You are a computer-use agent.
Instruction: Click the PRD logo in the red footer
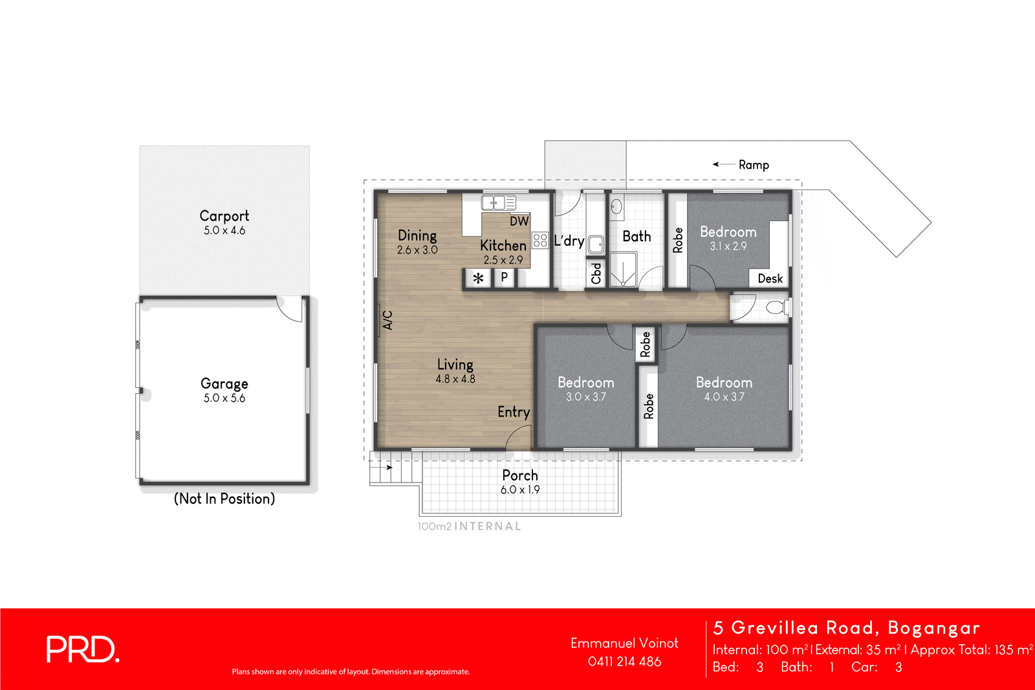click(x=82, y=649)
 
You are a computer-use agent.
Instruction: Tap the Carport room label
click(x=224, y=216)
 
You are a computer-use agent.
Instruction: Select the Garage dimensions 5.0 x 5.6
click(x=224, y=398)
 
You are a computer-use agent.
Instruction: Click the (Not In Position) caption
click(x=224, y=499)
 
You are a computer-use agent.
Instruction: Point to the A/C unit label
click(x=387, y=320)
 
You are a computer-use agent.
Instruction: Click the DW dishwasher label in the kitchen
click(x=519, y=221)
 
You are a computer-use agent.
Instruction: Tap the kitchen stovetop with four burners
click(x=540, y=241)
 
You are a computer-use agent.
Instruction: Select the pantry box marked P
click(x=504, y=277)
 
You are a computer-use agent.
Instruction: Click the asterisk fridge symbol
click(x=478, y=279)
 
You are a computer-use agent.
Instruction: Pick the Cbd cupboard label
click(x=596, y=273)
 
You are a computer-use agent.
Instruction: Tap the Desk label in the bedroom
click(x=770, y=279)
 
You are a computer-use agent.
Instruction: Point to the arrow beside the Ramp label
click(x=723, y=164)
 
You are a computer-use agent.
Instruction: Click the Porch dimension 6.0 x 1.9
click(x=519, y=490)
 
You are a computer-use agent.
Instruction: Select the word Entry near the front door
click(x=514, y=412)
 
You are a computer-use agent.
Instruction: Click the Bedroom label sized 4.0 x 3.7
click(x=724, y=382)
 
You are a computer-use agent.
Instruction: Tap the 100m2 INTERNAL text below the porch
click(x=469, y=526)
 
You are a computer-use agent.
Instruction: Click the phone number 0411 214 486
click(x=624, y=662)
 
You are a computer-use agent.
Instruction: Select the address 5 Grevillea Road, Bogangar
click(x=846, y=628)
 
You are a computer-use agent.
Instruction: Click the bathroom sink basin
click(x=616, y=207)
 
